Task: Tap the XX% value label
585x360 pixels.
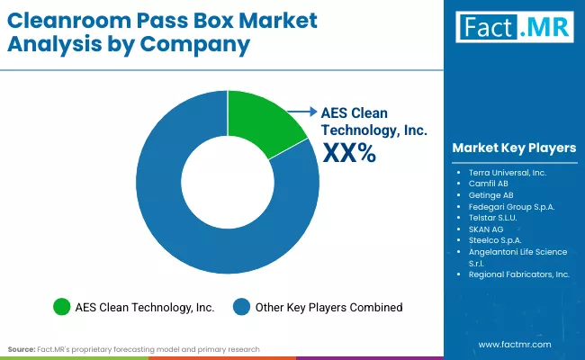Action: click(x=348, y=154)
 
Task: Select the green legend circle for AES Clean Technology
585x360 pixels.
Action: click(x=62, y=307)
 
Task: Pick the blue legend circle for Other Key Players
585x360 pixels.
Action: click(x=241, y=307)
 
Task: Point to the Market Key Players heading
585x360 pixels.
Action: click(x=514, y=148)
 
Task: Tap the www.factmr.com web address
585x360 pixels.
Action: click(x=515, y=345)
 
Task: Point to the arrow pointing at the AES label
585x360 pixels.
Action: click(x=301, y=112)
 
